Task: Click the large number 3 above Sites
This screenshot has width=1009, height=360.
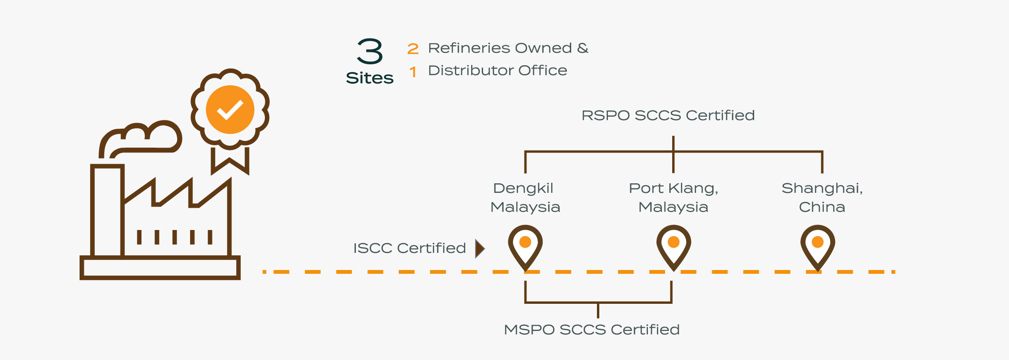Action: [370, 51]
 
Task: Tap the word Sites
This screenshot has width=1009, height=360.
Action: [370, 78]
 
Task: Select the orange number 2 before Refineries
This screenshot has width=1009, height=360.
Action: [413, 49]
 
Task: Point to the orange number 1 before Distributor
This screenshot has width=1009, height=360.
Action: [413, 72]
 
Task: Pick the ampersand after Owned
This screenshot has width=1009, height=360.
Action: [583, 48]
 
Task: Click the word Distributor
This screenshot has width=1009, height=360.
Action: [470, 70]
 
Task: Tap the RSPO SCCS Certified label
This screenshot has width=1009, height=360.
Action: [668, 115]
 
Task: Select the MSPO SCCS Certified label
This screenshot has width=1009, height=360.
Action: [592, 330]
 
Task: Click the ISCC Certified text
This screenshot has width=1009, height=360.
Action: [409, 248]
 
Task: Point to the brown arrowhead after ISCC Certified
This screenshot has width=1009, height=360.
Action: [480, 249]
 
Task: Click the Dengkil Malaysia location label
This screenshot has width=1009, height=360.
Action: [525, 198]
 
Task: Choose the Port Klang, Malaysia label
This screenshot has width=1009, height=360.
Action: [673, 198]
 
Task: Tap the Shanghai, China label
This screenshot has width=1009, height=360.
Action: [822, 198]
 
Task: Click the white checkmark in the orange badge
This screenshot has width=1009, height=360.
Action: [230, 110]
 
